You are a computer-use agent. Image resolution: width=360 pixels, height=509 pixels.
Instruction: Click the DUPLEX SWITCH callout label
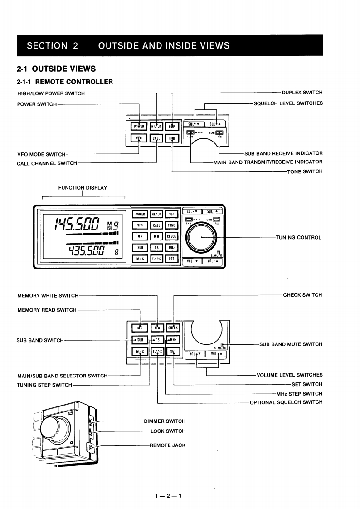(302, 93)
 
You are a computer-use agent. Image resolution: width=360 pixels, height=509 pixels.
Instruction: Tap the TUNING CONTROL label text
(298, 237)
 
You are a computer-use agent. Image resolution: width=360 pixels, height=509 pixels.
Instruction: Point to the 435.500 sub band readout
(86, 251)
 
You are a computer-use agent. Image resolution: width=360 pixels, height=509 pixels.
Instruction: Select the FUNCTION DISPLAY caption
(83, 188)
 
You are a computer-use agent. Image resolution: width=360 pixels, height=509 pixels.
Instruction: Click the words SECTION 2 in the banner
(53, 45)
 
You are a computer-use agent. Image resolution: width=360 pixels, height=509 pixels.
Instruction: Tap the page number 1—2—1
(168, 496)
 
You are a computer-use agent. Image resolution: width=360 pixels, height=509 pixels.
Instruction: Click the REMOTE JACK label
(167, 445)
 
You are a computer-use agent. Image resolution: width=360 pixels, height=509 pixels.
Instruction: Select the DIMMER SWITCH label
(165, 421)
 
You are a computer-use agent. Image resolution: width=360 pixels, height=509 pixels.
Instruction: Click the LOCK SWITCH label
(168, 431)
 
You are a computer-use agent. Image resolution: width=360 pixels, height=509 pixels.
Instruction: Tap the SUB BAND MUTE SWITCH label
(291, 344)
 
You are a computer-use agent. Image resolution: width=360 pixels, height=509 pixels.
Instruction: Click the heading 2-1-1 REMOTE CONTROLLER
(65, 82)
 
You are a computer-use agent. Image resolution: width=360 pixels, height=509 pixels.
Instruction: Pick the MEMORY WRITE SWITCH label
(48, 296)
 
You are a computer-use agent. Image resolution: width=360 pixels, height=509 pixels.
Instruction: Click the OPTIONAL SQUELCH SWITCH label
(286, 402)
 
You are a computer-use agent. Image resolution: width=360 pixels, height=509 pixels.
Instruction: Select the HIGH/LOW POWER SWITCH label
(51, 93)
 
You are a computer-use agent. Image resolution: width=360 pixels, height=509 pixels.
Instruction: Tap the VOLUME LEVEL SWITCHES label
(289, 375)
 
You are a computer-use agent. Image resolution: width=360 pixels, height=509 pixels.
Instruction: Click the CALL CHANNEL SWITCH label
(47, 163)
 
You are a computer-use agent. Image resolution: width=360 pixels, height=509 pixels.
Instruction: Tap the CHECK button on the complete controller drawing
(171, 236)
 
